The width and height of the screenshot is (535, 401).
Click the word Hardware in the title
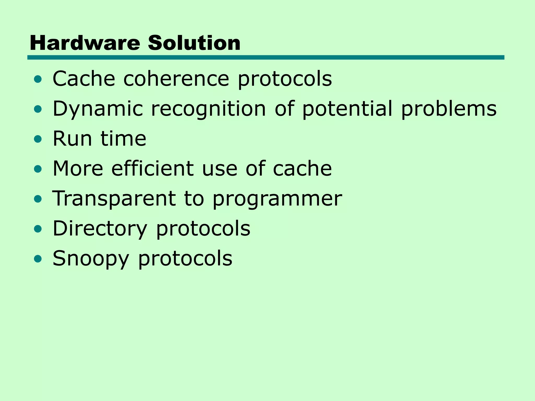coord(85,43)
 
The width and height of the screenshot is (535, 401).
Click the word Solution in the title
coord(194,43)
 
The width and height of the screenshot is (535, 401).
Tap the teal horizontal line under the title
coord(266,57)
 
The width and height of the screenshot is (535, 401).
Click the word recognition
coord(208,109)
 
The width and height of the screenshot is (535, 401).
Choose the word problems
coord(449,109)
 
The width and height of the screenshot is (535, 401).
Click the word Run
coord(72,139)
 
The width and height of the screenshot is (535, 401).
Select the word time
coord(123,139)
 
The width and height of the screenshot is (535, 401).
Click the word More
coord(78,169)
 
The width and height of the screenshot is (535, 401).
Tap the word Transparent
coord(114,199)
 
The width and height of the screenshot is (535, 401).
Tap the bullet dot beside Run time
coord(38,139)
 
